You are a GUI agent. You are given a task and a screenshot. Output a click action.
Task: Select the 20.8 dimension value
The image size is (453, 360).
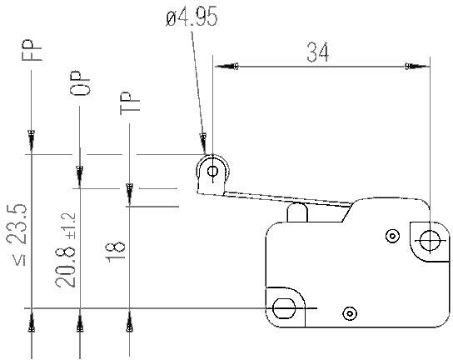pyautogui.click(x=66, y=261)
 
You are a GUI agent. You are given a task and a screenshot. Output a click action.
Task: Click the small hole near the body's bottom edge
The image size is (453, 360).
pyautogui.click(x=348, y=313)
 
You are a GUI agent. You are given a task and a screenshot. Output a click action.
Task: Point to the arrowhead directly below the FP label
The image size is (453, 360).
pyautogui.click(x=31, y=134)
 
